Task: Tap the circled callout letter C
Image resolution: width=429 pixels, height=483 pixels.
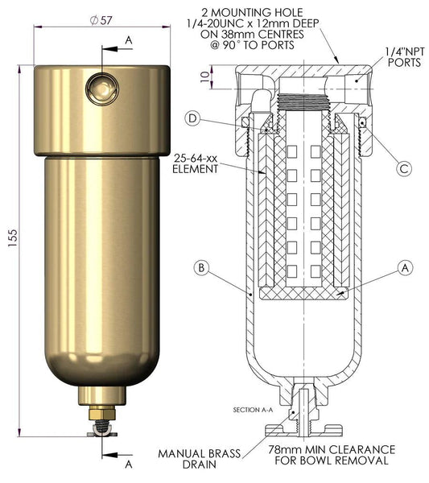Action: click(404, 168)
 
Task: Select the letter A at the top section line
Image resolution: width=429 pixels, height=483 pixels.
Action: click(129, 39)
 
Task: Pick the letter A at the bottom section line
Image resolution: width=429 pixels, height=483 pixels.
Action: click(129, 464)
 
